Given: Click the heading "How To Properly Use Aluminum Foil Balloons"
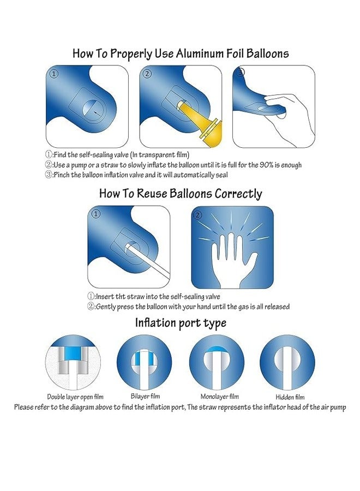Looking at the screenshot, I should click(181, 53).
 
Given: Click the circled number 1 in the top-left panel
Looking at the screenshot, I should click(53, 74).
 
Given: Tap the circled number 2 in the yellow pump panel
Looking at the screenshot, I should click(147, 74).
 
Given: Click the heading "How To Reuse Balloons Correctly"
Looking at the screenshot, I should click(181, 194).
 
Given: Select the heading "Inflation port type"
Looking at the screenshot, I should click(181, 323).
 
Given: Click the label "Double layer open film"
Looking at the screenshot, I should click(75, 397).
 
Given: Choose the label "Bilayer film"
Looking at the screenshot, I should click(144, 397).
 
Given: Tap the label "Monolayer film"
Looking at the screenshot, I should click(217, 397).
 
